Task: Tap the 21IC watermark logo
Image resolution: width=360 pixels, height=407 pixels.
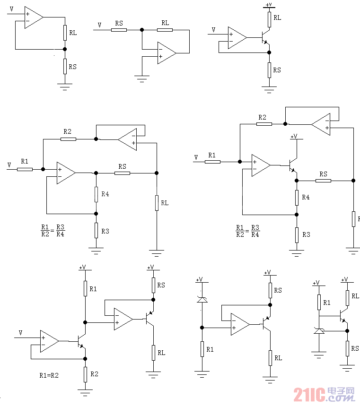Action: (x=324, y=394)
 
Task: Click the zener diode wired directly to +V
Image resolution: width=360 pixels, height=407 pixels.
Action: (x=202, y=299)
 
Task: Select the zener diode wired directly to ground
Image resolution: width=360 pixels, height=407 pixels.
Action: (x=319, y=331)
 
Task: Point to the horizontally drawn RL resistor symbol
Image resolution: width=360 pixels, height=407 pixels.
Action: (x=165, y=30)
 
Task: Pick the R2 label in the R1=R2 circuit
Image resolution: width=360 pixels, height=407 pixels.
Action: (x=94, y=374)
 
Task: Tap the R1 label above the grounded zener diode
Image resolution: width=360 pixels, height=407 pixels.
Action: (x=327, y=302)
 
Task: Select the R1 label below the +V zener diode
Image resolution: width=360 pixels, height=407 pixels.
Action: (x=210, y=349)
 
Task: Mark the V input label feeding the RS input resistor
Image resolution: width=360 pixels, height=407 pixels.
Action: (x=99, y=25)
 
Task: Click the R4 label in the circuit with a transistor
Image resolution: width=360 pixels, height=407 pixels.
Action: (x=306, y=197)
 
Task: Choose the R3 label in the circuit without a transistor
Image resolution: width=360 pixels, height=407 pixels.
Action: (x=105, y=231)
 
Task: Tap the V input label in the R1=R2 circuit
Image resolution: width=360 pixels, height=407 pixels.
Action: (x=20, y=333)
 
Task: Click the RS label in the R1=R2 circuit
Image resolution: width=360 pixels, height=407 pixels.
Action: (x=161, y=285)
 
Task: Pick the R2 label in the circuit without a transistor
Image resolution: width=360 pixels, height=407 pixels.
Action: (x=68, y=131)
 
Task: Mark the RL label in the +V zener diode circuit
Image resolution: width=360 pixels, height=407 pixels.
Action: (x=278, y=358)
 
